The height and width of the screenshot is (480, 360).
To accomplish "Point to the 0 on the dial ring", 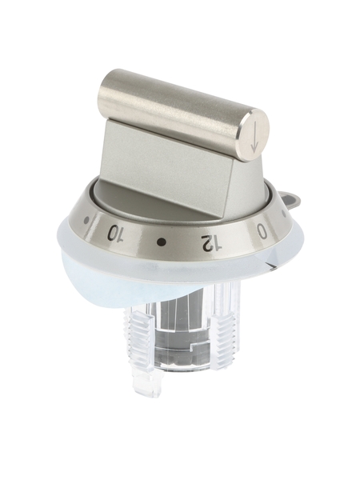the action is [x=262, y=231].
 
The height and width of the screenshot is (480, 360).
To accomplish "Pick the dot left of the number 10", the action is [x=87, y=219].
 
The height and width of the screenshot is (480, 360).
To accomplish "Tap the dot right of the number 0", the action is [x=284, y=214].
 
